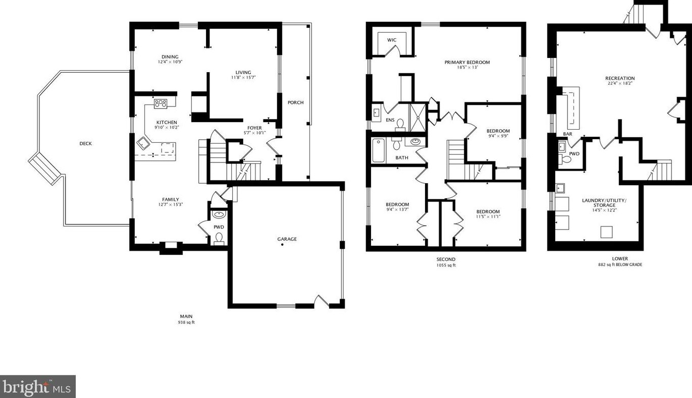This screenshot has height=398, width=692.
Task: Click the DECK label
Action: pos(86,144)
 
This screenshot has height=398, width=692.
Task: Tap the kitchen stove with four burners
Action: pos(161,104)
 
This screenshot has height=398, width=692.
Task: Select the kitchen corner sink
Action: pos(143,143)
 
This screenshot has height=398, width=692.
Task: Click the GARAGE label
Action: pos(287,239)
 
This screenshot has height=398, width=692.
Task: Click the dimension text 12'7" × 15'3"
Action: pos(171,204)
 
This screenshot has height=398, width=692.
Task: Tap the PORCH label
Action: pos(296,102)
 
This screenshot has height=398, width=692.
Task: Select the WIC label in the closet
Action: pos(392,40)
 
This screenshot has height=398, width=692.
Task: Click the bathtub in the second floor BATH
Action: pos(379,150)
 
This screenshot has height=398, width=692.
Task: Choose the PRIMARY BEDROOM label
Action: pos(467,63)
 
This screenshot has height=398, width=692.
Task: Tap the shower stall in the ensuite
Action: pos(417,118)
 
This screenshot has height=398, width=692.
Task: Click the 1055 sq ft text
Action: pos(446,265)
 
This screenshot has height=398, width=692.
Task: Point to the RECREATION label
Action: pos(620,78)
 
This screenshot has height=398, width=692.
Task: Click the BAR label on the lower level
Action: pos(567,134)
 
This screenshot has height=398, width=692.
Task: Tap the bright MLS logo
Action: pos(38,386)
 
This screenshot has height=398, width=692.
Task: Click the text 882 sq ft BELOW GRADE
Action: pos(620,265)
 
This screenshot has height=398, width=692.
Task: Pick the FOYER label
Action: pos(254,128)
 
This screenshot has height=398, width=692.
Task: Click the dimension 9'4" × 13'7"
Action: pos(397,209)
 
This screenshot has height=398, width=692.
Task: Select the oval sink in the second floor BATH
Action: pos(415,142)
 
